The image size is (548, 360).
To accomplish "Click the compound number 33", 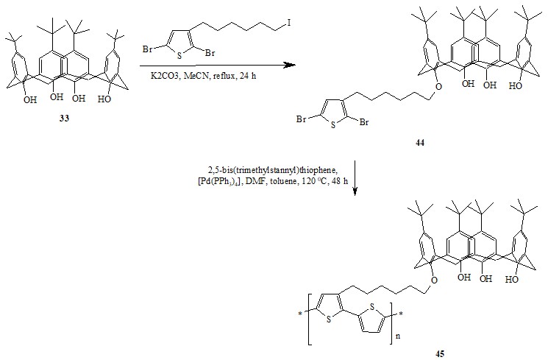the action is pyautogui.click(x=64, y=119).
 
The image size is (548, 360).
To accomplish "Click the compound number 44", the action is pyautogui.click(x=420, y=143).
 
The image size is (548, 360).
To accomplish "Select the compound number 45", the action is pyautogui.click(x=440, y=353).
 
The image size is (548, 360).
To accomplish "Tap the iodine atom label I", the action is pyautogui.click(x=289, y=23).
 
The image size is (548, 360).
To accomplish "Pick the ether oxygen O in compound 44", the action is pyautogui.click(x=439, y=86).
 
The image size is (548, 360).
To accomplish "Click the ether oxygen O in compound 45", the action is pyautogui.click(x=434, y=280).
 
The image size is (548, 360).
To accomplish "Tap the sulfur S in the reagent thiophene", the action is pyautogui.click(x=179, y=56).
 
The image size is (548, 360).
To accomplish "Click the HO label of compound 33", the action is pyautogui.click(x=104, y=99).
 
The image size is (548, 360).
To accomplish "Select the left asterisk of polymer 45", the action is pyautogui.click(x=300, y=314).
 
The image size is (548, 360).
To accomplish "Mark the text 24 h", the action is pyautogui.click(x=248, y=76).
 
